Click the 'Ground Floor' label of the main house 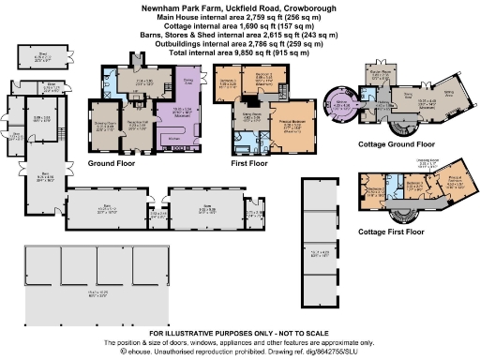[x=113, y=162]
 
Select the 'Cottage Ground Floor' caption [x=396, y=145]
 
